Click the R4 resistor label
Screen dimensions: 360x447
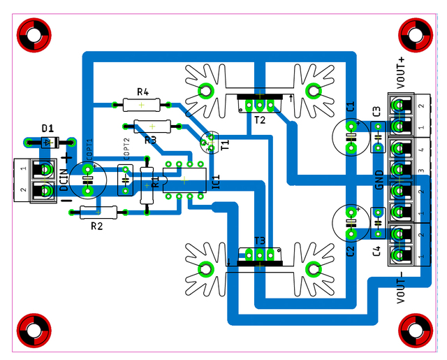coord(142,92)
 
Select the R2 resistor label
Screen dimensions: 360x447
coord(97,225)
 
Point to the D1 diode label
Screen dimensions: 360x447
coord(47,129)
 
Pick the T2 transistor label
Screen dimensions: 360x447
coord(260,120)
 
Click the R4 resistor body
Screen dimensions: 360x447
coord(142,106)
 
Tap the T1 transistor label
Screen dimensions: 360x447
coord(225,145)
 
